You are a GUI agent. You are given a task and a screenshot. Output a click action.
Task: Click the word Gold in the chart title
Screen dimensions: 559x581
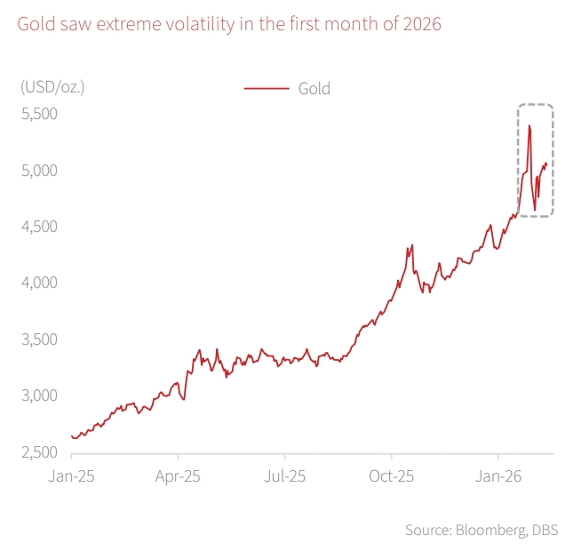[x=36, y=24]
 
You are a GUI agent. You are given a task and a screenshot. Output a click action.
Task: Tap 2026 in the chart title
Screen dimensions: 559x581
[x=421, y=24]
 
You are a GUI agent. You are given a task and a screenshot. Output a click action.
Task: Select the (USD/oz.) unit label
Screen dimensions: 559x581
[x=52, y=87]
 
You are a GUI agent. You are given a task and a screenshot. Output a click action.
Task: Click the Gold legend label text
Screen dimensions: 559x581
[x=314, y=88]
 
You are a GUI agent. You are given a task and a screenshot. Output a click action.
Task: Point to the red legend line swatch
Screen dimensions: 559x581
[x=267, y=88]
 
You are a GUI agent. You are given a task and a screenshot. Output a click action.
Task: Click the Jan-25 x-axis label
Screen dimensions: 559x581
[x=71, y=475]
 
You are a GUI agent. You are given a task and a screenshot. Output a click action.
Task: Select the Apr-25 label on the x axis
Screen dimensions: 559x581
[x=178, y=475]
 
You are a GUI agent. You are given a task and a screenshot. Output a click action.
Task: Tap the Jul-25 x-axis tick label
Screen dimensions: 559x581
[x=285, y=475]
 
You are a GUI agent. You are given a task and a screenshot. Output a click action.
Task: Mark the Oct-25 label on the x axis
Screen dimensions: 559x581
[x=392, y=475]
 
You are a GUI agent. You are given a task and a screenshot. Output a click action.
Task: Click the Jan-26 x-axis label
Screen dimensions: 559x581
[x=498, y=475]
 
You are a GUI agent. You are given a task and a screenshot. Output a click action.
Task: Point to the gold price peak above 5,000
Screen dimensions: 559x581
[x=529, y=126]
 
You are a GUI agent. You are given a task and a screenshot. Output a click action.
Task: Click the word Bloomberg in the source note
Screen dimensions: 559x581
[x=482, y=530]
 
